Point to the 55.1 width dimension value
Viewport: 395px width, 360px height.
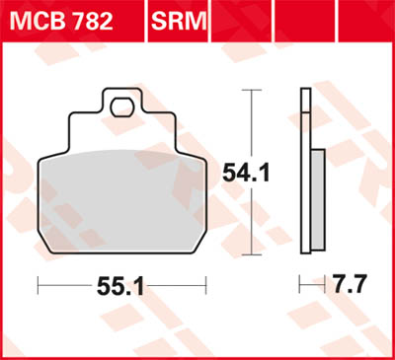pyautogui.click(x=121, y=287)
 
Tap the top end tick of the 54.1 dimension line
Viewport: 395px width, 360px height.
pyautogui.click(x=255, y=91)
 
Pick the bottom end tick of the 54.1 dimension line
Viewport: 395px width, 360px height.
pyautogui.click(x=255, y=252)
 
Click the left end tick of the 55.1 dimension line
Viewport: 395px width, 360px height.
pyautogui.click(x=38, y=286)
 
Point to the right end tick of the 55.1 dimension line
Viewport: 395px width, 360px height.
pyautogui.click(x=207, y=286)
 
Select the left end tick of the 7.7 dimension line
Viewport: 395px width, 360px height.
pyautogui.click(x=300, y=286)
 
